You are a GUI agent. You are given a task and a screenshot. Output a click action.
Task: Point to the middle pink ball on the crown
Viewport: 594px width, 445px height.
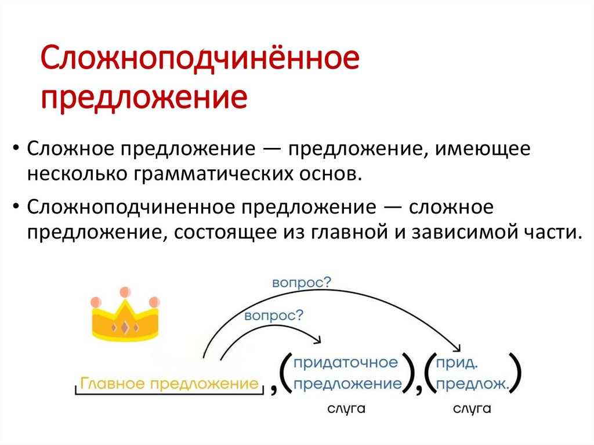125,292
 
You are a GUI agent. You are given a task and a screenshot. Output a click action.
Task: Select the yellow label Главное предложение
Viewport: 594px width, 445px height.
169,384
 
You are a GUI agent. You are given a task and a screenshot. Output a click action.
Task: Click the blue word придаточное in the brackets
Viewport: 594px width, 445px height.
346,363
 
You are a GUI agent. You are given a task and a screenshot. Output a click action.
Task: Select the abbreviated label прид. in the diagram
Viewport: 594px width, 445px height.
458,363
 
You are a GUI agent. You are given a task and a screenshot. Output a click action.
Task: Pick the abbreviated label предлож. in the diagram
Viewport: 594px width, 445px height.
472,384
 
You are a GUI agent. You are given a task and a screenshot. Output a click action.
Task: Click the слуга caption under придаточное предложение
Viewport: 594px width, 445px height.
346,410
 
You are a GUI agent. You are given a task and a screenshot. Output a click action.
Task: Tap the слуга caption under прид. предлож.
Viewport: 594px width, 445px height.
472,410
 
